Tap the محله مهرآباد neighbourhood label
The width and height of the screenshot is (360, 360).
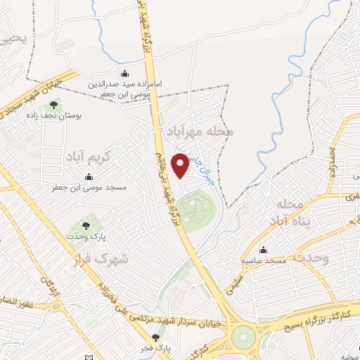(x=198, y=131)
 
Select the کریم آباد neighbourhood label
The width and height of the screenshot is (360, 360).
(x=88, y=153)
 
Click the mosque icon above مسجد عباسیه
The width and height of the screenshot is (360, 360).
(x=263, y=250)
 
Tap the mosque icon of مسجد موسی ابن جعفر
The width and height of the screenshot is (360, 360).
(x=89, y=177)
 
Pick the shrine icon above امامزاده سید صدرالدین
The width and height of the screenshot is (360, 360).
(x=125, y=74)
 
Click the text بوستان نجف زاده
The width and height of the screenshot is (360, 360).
(x=53, y=116)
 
